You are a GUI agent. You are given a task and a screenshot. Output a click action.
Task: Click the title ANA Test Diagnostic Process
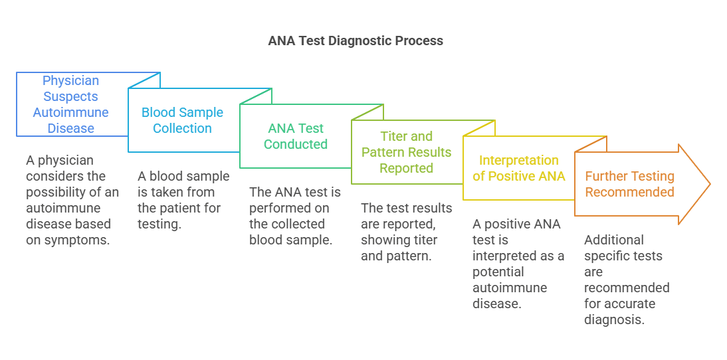click(356, 41)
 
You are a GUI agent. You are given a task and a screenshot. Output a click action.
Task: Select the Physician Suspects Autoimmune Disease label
click(71, 104)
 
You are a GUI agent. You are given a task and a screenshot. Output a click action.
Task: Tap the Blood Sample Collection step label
click(182, 120)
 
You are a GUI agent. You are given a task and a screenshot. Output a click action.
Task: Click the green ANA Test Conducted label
click(296, 136)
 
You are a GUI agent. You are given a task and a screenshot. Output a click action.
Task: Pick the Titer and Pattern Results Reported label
click(406, 152)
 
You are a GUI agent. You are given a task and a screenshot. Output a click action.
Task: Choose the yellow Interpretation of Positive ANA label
click(518, 168)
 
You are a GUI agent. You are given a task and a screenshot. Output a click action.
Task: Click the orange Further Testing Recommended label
click(629, 184)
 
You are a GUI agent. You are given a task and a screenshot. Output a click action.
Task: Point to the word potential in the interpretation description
click(498, 272)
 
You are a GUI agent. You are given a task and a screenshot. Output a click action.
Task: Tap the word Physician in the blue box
click(71, 80)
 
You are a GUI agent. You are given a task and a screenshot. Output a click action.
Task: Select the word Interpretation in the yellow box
click(518, 160)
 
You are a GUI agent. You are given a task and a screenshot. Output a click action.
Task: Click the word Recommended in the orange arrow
click(629, 192)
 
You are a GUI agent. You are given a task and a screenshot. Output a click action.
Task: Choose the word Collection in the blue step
click(182, 128)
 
